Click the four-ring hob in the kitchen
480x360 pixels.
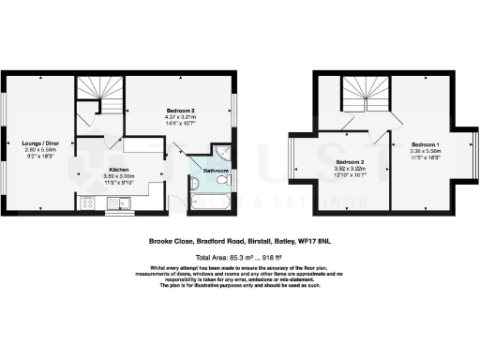(x=90, y=202)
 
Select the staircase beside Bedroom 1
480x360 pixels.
(x=366, y=97)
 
